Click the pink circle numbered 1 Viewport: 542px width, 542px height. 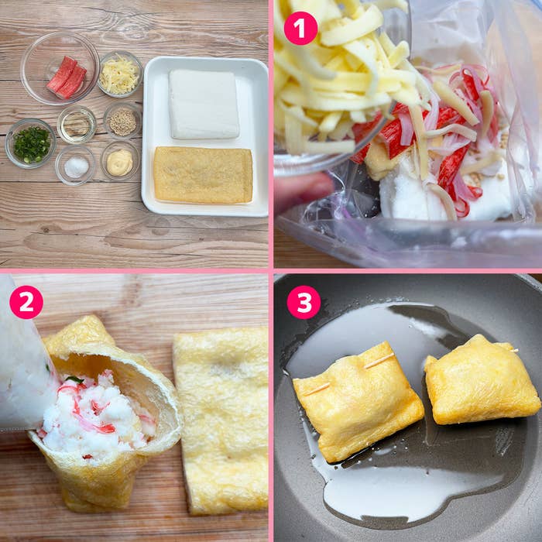point(300,28)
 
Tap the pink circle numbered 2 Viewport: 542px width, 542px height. point(26,302)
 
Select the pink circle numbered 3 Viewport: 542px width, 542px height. point(304,302)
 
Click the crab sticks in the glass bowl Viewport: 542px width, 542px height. point(67,77)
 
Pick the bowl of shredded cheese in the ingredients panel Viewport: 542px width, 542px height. point(120,74)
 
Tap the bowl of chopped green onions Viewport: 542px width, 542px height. point(30,143)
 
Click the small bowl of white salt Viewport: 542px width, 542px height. point(76,165)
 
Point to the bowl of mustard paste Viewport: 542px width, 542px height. point(119,161)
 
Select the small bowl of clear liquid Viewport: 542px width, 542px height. point(77,125)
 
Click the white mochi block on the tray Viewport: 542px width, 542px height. point(204,105)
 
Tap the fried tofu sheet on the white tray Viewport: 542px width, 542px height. point(203,175)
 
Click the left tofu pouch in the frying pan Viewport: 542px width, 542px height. point(358,401)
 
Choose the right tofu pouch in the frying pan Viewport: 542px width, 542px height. point(481,379)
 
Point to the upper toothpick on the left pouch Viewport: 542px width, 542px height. point(379,360)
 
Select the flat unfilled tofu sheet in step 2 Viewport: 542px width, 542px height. point(221,420)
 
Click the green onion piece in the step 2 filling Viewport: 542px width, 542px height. point(74,380)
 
